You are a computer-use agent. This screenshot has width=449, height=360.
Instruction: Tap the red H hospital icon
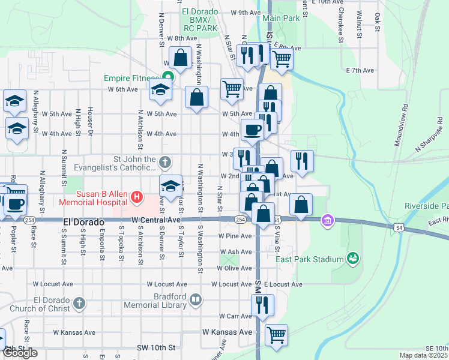137,196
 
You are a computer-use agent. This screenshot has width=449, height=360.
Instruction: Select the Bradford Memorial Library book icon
195,299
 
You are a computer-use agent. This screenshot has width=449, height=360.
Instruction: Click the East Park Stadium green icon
353,259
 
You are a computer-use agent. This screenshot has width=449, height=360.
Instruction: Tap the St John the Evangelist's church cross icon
166,162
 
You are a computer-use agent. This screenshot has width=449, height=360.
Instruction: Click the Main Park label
281,19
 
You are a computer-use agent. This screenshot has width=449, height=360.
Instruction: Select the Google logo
20,353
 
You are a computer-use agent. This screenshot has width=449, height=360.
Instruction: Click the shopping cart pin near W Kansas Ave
276,335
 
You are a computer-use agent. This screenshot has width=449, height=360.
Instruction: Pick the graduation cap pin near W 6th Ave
160,89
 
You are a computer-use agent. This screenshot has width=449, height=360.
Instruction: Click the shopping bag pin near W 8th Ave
180,58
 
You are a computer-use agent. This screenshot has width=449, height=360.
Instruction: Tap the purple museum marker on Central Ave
327,220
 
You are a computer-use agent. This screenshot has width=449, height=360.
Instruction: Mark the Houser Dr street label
89,120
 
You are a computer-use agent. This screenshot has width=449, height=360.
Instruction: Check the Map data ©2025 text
423,355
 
